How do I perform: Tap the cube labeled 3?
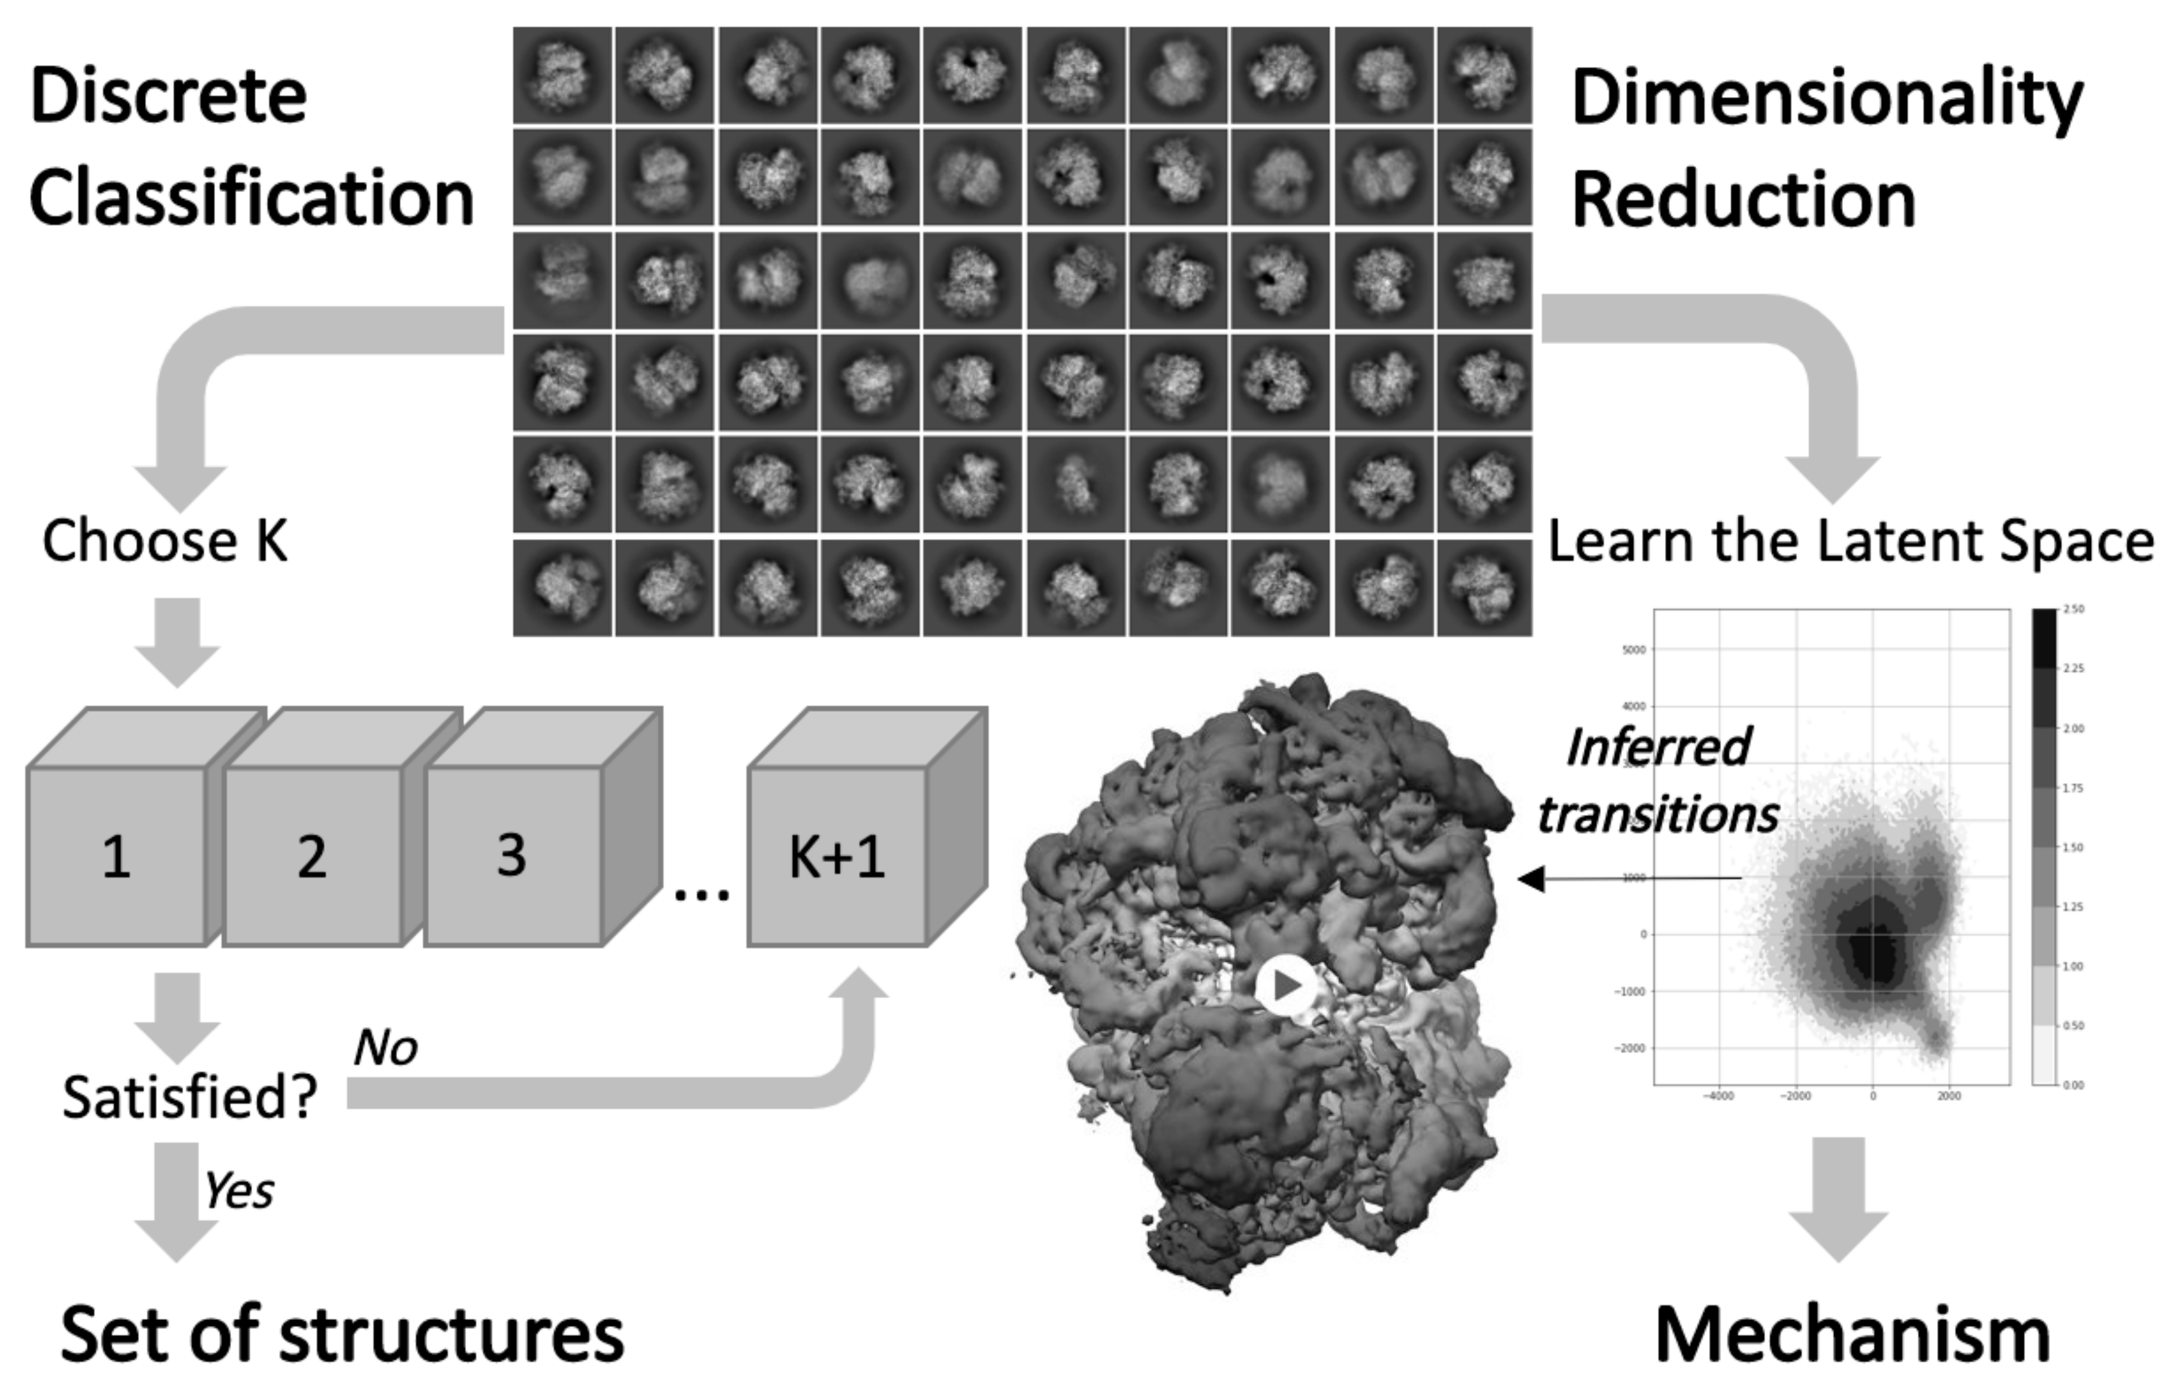pos(512,855)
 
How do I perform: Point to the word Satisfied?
pos(190,1097)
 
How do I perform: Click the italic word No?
pos(386,1048)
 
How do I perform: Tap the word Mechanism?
pos(1853,1335)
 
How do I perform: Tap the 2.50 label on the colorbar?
pos(2075,609)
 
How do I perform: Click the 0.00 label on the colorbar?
pos(2075,1084)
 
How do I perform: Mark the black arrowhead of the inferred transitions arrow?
pos(1531,878)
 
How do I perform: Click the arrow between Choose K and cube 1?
pos(177,642)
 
